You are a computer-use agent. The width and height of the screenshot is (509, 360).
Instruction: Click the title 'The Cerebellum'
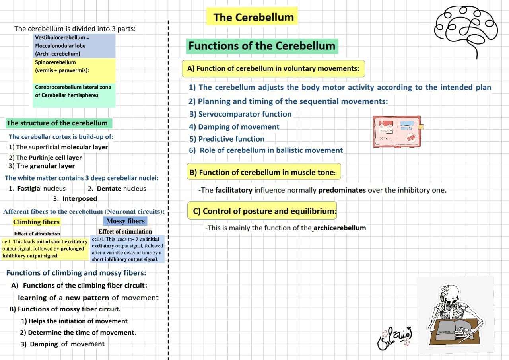pyautogui.click(x=253, y=17)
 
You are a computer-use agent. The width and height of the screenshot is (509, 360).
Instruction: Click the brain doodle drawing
pyautogui.click(x=466, y=28)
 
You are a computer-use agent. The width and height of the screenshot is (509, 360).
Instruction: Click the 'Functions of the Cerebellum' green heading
pyautogui.click(x=262, y=46)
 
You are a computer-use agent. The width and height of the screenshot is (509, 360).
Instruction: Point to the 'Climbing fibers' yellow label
pyautogui.click(x=36, y=222)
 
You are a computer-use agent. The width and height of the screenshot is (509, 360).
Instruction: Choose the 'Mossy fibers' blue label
pyautogui.click(x=126, y=221)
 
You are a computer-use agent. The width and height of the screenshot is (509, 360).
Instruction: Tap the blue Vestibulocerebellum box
pyautogui.click(x=74, y=46)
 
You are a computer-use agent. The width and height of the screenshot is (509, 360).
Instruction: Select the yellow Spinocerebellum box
pyautogui.click(x=74, y=70)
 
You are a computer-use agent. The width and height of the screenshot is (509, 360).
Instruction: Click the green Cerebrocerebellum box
pyautogui.click(x=74, y=95)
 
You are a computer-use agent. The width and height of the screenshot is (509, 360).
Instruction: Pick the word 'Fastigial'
pyautogui.click(x=29, y=189)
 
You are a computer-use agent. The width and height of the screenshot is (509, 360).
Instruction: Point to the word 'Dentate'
pyautogui.click(x=109, y=189)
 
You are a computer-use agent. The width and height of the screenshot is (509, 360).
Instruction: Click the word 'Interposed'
pyautogui.click(x=80, y=198)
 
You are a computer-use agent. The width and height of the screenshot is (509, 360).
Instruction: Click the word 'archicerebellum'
pyautogui.click(x=340, y=228)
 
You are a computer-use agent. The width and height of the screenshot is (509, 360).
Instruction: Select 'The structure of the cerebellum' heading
pyautogui.click(x=57, y=123)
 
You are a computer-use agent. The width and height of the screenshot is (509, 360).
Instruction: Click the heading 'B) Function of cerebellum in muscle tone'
pyautogui.click(x=263, y=173)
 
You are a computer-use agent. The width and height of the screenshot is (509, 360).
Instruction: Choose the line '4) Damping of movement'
pyautogui.click(x=234, y=127)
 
